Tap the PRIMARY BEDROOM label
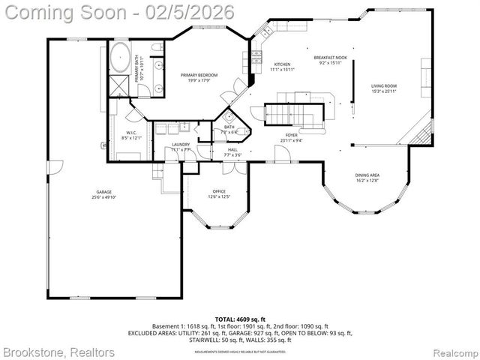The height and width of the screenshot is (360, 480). [x=199, y=76]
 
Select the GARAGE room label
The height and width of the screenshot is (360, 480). [x=103, y=193]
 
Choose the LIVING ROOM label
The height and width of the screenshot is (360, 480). [x=383, y=86]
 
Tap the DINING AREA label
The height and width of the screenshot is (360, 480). [x=367, y=175]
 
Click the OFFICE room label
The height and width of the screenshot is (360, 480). [x=219, y=191]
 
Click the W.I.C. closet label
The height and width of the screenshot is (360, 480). [x=130, y=133]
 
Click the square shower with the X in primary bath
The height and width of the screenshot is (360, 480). [x=120, y=84]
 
